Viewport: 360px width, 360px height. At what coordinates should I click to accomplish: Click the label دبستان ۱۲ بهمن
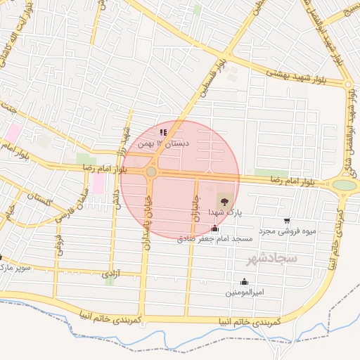(x=154, y=143)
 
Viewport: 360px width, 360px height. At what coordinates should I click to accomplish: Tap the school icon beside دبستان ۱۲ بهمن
(x=163, y=132)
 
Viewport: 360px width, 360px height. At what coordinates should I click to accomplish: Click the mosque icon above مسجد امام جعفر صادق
(x=214, y=229)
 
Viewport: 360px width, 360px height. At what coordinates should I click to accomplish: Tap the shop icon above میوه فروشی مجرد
(x=286, y=221)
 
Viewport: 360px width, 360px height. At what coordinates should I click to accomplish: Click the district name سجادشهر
(x=273, y=259)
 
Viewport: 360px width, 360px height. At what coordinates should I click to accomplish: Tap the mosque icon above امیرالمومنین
(x=244, y=281)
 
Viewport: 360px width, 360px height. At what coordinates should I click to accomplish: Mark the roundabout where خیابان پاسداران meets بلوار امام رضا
(x=151, y=172)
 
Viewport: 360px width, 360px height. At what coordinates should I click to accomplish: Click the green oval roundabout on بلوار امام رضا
(x=344, y=186)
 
